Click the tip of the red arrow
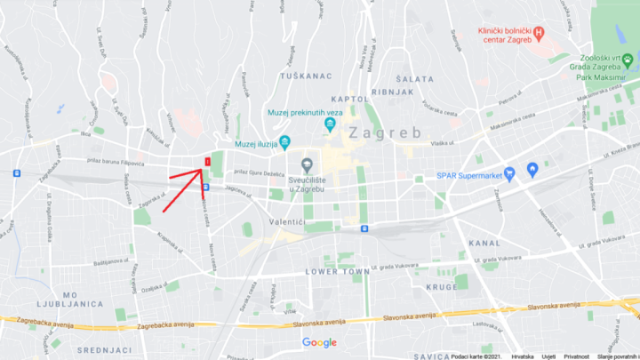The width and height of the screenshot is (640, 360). click(201, 168)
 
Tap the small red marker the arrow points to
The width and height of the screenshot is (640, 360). click(206, 161)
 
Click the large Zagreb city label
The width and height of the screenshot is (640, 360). click(384, 132)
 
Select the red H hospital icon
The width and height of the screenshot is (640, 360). click(538, 33)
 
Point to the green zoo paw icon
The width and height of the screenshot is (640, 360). click(627, 60)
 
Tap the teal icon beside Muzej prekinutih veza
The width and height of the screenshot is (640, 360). click(330, 124)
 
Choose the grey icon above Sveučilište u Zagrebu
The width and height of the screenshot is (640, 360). click(307, 164)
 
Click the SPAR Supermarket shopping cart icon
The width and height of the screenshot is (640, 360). click(509, 172)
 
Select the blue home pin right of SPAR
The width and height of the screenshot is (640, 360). click(532, 169)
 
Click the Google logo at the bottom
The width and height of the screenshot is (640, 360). click(319, 343)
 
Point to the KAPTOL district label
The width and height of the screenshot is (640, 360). click(349, 99)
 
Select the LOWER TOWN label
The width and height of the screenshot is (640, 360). click(337, 270)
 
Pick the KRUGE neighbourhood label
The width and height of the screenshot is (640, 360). click(442, 287)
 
